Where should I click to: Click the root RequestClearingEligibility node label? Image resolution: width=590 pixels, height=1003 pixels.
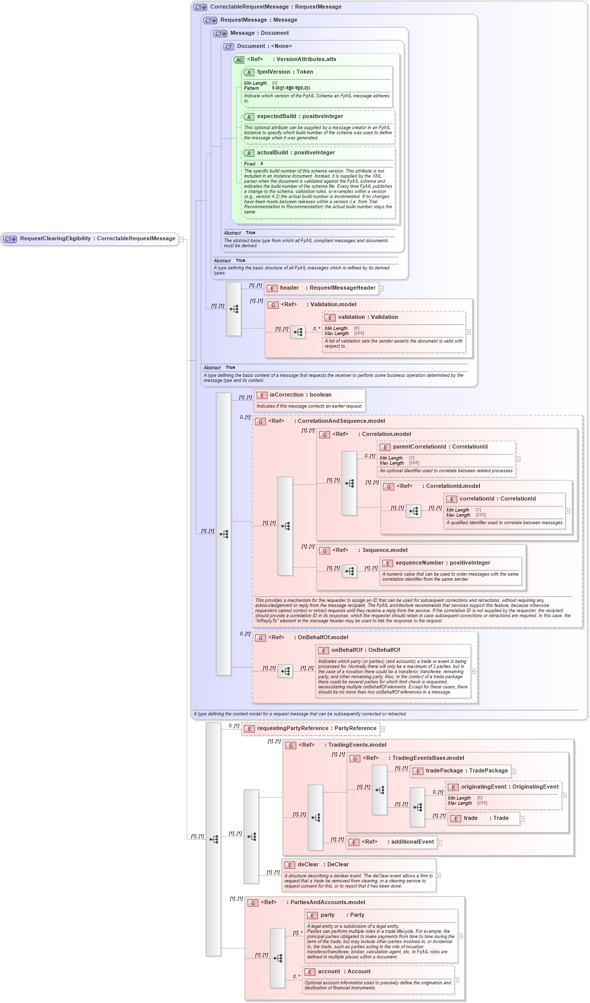(97, 239)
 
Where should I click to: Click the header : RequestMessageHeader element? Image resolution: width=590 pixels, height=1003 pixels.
(328, 288)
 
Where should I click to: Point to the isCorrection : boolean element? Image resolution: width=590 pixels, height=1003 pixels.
(300, 395)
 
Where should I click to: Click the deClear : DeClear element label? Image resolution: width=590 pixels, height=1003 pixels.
(323, 865)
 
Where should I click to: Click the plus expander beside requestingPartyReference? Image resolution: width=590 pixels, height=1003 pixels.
(382, 729)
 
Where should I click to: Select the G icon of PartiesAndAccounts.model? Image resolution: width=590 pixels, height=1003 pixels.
(253, 903)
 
